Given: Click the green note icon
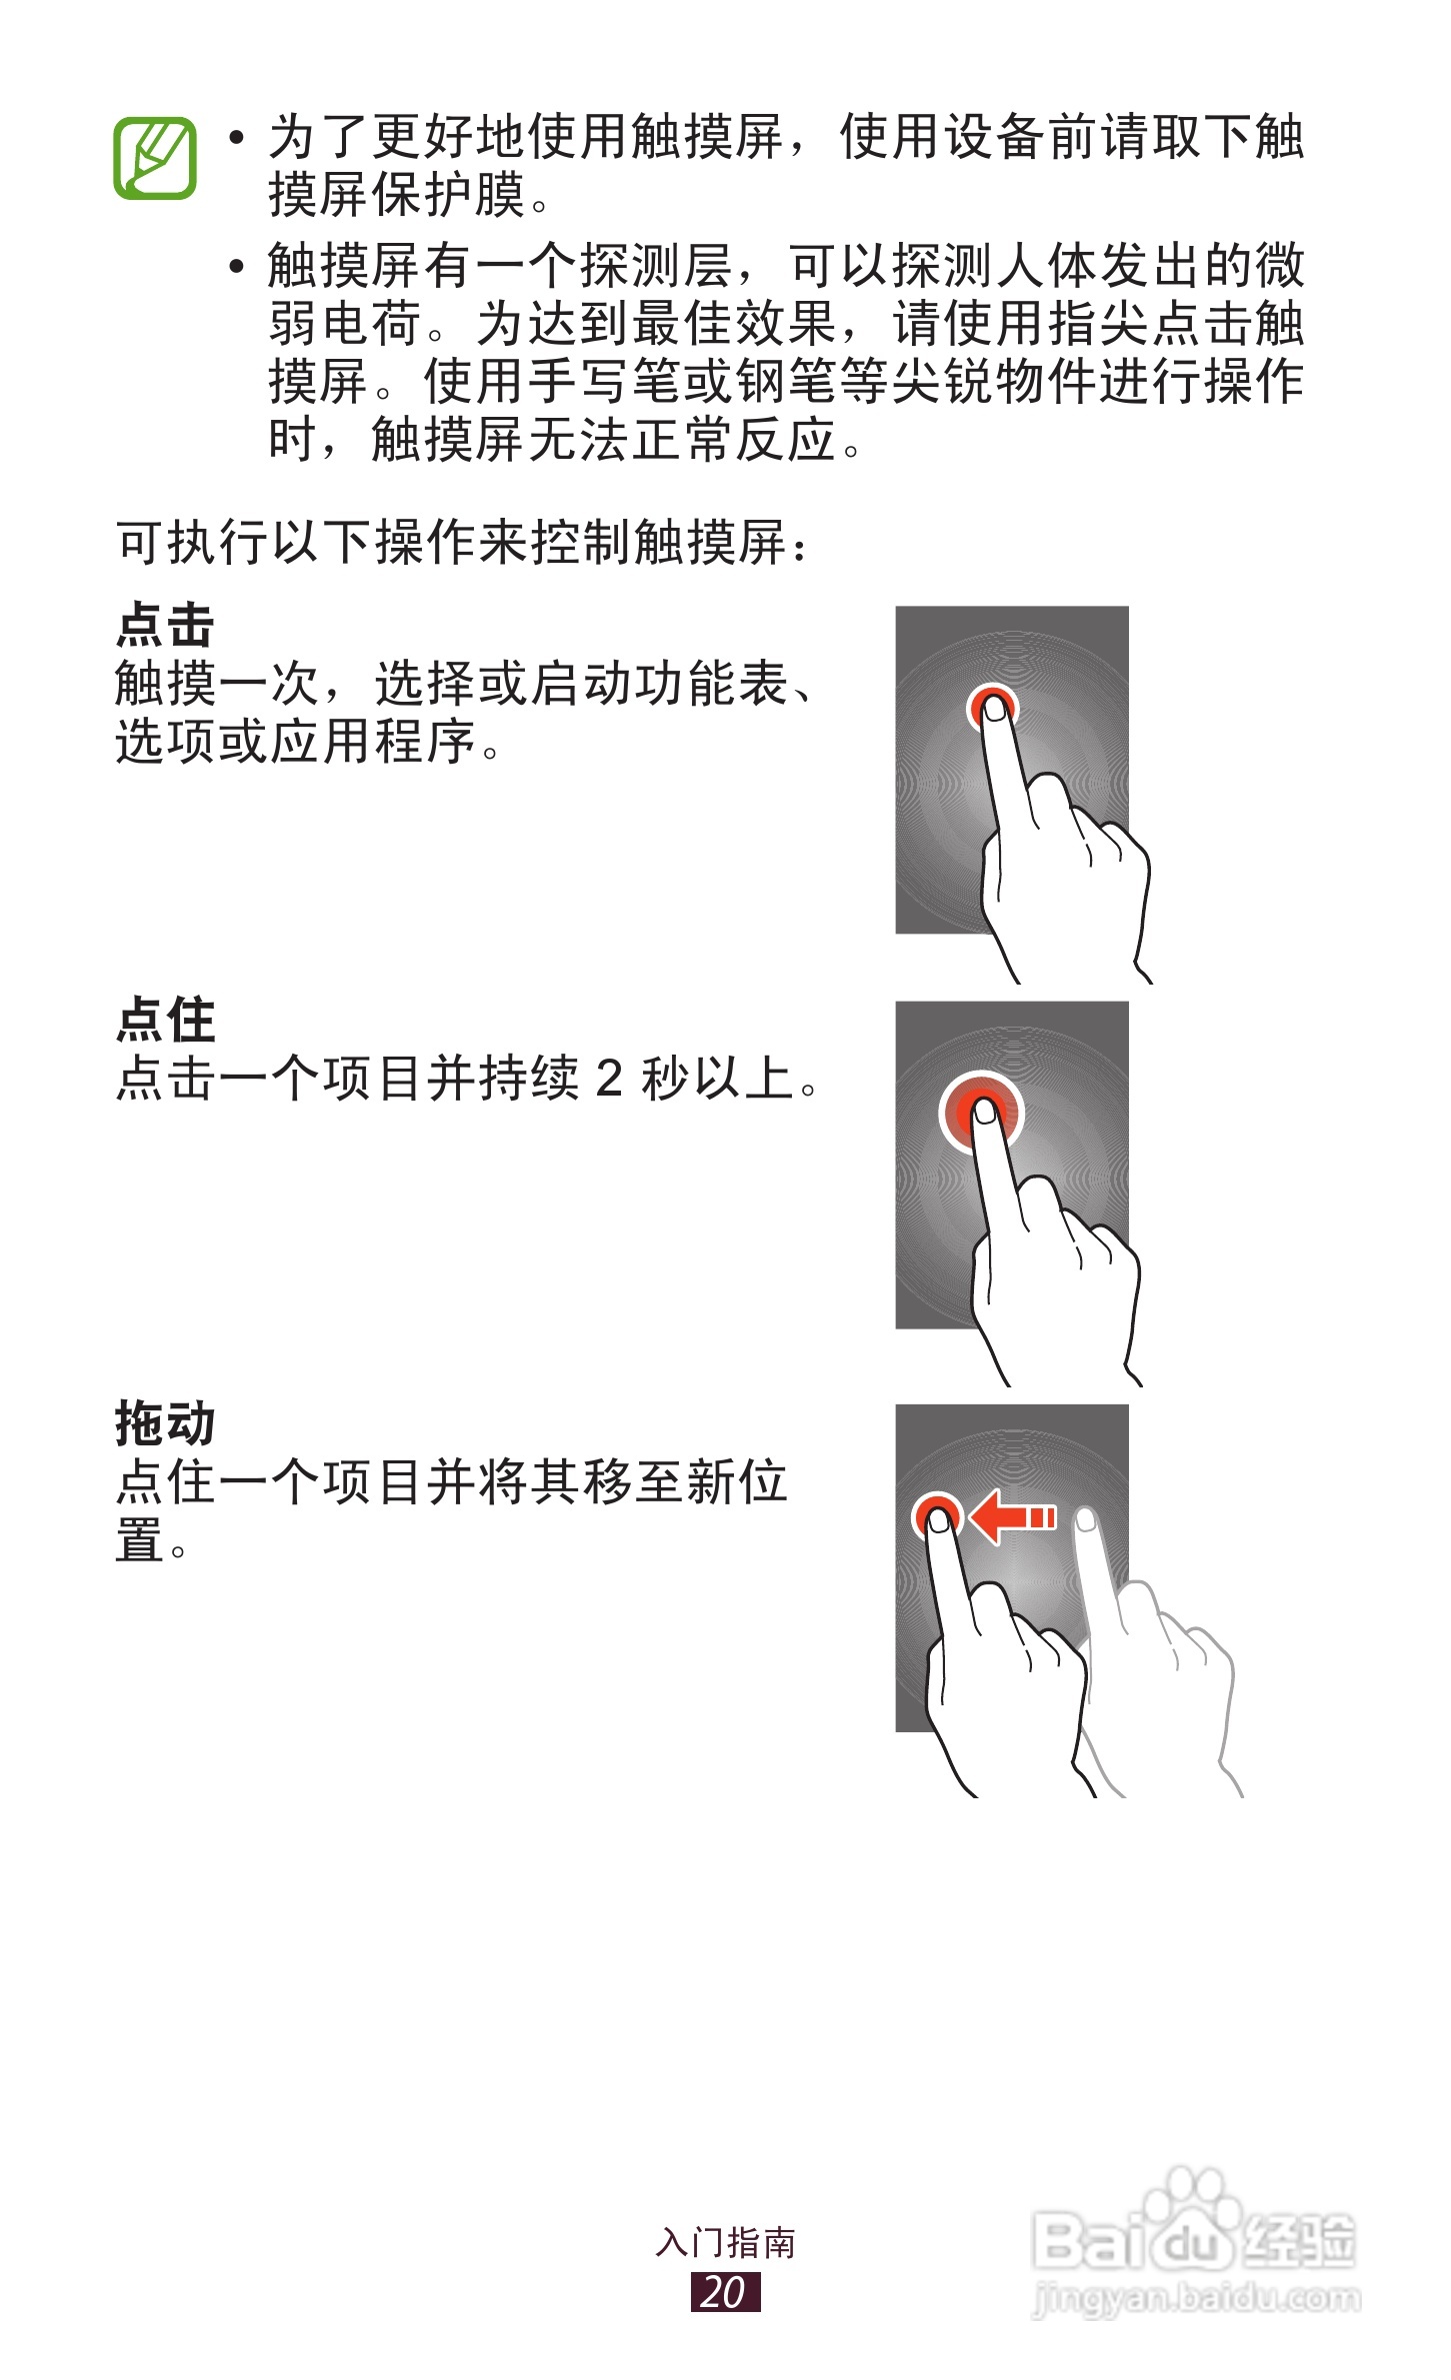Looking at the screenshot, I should point(154,158).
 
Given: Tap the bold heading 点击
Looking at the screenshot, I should point(165,626).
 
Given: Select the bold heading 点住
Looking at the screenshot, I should point(165,1021).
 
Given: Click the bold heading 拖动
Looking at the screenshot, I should point(165,1423).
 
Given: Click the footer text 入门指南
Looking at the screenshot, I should point(725,2242).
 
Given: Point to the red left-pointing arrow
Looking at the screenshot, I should point(1011,1517).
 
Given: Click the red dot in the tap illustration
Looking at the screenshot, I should point(991,706).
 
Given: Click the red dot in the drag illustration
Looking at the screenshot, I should point(937,1516).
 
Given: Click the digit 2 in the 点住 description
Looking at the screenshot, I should point(608,1079).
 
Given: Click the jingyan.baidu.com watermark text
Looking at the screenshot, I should point(1195,2298).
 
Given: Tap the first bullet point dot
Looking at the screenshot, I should point(236,137).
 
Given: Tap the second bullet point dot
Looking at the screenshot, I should point(236,266).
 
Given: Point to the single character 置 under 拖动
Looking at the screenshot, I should point(139,1540).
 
